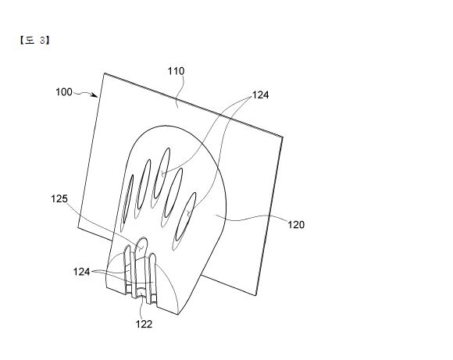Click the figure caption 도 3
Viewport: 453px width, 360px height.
[34, 41]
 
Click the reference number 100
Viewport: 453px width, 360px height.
[64, 92]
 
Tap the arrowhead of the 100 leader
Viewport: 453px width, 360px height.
[95, 95]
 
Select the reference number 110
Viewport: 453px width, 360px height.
[176, 71]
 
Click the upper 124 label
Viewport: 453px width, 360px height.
[261, 94]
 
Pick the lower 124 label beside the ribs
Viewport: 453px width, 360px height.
[81, 272]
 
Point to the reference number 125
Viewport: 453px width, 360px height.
[59, 199]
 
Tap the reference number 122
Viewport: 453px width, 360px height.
[144, 324]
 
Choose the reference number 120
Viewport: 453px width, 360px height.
[296, 224]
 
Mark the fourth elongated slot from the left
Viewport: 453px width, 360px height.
[173, 193]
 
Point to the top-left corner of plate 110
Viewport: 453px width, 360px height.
[105, 73]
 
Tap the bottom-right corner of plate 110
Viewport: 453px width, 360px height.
[256, 295]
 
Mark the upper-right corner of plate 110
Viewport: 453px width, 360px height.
[283, 136]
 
